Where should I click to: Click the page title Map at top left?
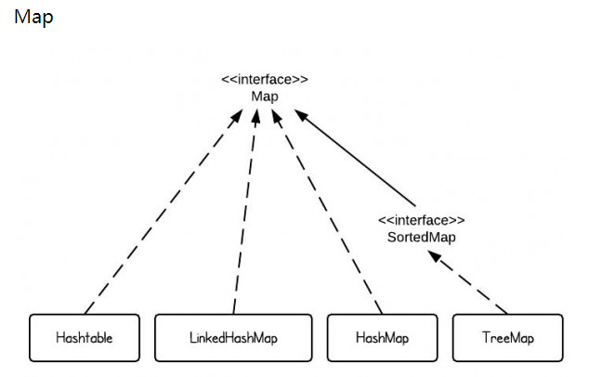click(33, 18)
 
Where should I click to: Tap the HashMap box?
click(382, 338)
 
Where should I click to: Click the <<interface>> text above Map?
click(265, 79)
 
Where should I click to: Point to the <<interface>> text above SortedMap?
click(421, 220)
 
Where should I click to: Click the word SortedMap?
click(421, 237)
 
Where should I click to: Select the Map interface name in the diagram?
click(265, 96)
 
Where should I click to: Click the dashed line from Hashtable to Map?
click(158, 214)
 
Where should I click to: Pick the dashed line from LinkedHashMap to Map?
click(243, 214)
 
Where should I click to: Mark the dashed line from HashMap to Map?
click(330, 214)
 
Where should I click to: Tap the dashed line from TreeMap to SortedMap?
click(469, 284)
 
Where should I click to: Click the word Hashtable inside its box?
click(84, 338)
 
